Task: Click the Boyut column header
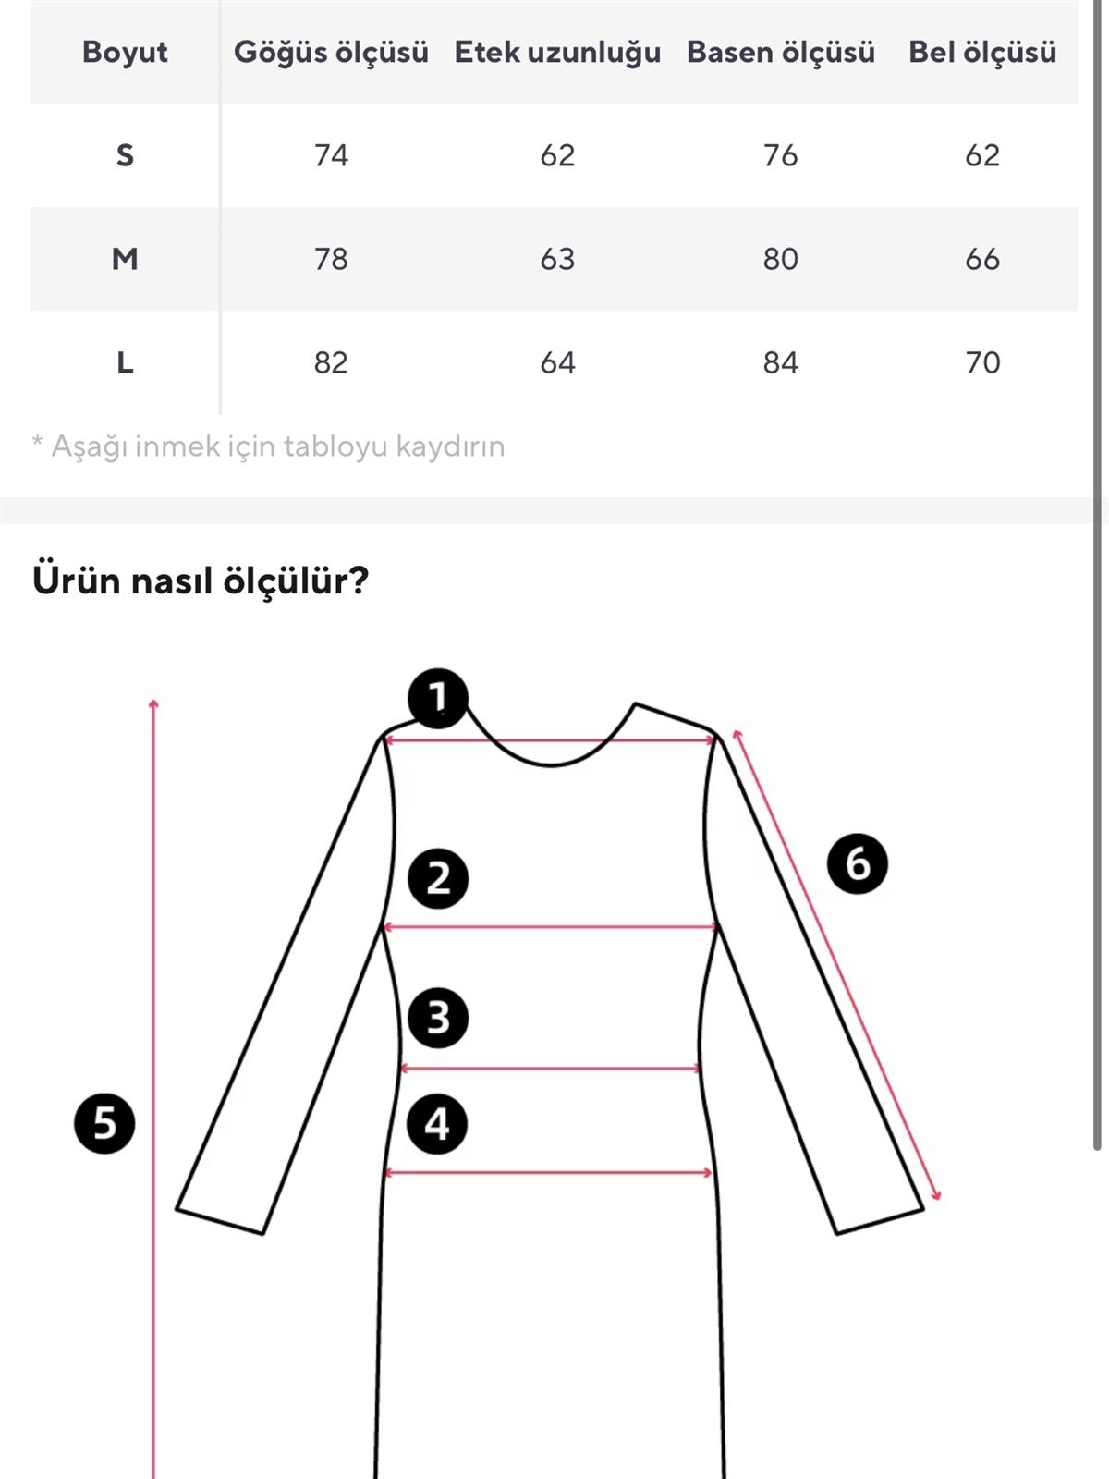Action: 125,52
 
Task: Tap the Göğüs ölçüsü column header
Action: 331,52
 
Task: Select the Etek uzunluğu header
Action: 557,52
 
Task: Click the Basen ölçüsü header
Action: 780,52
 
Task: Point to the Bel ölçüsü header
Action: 981,52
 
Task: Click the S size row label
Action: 125,155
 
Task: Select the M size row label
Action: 125,259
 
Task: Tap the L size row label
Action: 125,362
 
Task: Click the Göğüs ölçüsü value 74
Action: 331,155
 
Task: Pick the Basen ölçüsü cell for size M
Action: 780,259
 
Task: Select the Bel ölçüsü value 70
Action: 981,362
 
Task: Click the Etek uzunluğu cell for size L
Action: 557,362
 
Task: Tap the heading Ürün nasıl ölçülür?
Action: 201,581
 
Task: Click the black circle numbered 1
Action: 438,698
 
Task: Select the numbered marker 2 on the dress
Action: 438,878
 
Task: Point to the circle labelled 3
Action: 438,1018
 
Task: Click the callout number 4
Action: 437,1124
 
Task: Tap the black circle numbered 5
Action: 104,1124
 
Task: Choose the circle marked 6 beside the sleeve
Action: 858,864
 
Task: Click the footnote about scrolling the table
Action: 268,446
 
